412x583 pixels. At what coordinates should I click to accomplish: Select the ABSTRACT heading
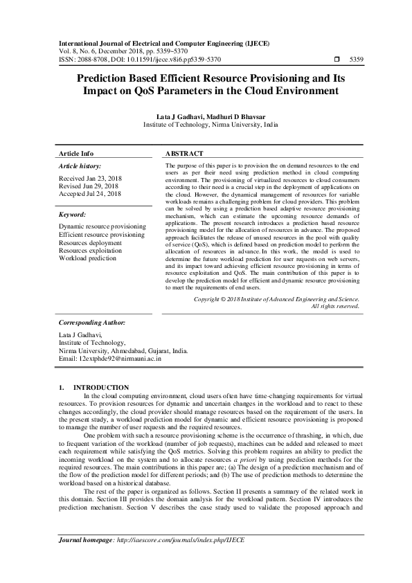tap(185, 153)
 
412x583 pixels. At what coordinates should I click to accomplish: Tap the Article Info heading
tap(76, 153)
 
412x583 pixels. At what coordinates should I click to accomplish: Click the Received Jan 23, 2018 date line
tap(91, 178)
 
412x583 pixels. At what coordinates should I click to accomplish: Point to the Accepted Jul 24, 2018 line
tap(90, 194)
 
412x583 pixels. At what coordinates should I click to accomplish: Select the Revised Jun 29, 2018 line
tap(90, 186)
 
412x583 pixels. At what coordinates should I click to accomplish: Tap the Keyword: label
tap(72, 215)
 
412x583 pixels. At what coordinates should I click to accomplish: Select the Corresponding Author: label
tap(91, 323)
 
